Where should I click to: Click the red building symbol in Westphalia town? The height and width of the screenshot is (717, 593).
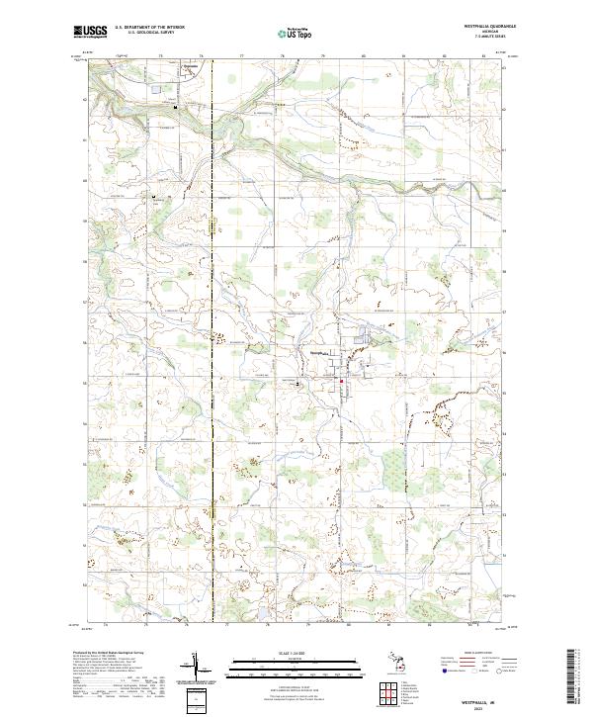[342, 382]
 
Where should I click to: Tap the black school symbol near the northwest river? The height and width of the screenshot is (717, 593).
[177, 107]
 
